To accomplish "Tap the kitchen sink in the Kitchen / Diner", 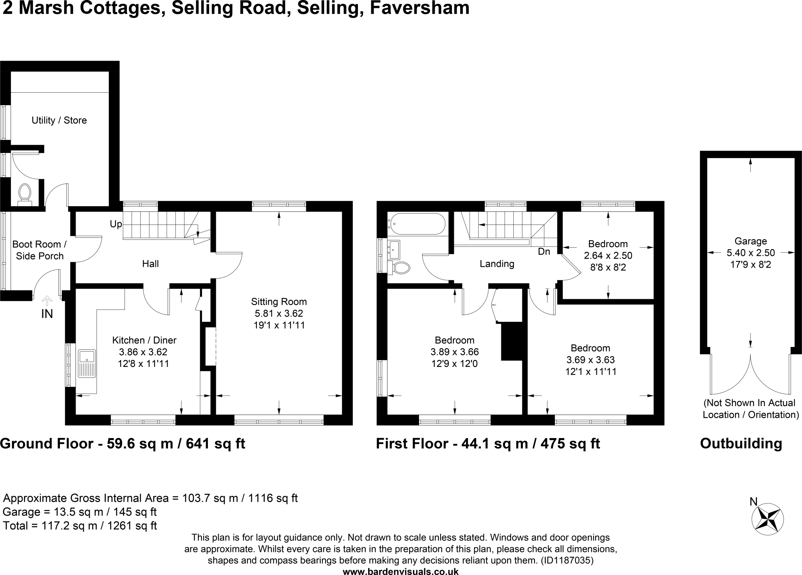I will coord(87,363).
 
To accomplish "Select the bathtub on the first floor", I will coord(417,224).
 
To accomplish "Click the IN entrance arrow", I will coord(47,301).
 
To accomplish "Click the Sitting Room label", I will coord(279,302).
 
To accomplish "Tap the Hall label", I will coord(150,264).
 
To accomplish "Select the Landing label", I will coord(497,264).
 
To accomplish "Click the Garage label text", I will coord(750,241).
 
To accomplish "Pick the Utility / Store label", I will coord(59,120).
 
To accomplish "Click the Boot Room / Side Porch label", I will coord(40,250).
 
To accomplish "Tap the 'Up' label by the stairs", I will coord(116,224).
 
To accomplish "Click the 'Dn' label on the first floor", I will coord(544,252).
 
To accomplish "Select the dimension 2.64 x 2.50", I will coord(608,256).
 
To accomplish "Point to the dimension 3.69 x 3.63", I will coord(590,359).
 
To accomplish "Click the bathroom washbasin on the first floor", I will coord(394,249).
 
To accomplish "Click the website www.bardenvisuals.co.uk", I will coord(400,571).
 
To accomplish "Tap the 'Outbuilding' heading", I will coord(741,444).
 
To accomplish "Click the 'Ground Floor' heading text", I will coord(46,444).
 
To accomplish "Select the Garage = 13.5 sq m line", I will coord(79,512).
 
